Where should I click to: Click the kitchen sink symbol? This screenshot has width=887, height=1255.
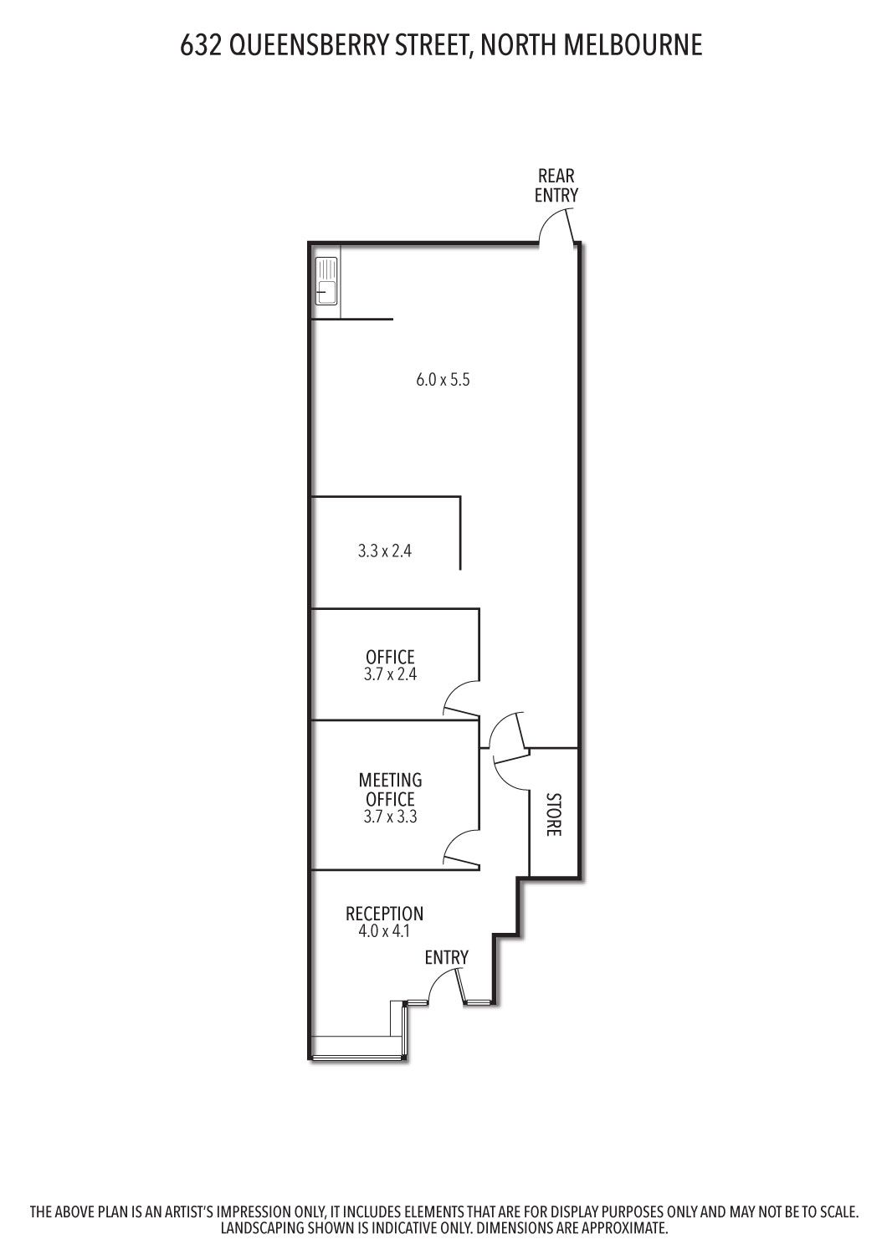[326, 280]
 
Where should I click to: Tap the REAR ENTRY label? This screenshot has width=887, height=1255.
[556, 186]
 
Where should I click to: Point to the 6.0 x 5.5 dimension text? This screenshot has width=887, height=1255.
[443, 380]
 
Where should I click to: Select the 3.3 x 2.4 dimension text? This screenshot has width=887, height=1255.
[385, 551]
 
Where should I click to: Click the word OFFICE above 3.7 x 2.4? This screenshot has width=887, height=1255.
[390, 657]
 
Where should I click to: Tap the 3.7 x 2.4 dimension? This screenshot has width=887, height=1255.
[390, 674]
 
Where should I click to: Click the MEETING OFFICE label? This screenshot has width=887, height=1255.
[390, 790]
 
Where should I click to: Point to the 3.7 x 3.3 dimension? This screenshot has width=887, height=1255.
[390, 817]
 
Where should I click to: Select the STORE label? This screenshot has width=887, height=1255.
[554, 815]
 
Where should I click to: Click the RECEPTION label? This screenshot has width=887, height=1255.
[384, 914]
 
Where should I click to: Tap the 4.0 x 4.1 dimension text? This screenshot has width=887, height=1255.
[384, 931]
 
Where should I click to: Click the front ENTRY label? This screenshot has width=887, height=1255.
[447, 957]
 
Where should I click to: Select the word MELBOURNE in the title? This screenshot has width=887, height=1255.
[633, 45]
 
